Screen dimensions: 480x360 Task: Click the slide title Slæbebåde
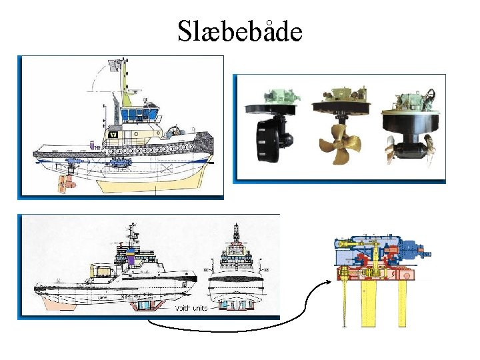coord(240,31)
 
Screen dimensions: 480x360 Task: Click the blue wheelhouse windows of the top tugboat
coord(137,113)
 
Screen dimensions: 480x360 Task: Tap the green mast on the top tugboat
coord(125,83)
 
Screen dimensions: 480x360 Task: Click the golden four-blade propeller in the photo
coord(339,143)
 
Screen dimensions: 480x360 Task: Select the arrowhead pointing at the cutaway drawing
coord(327,281)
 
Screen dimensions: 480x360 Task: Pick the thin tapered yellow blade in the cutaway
coord(345,303)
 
